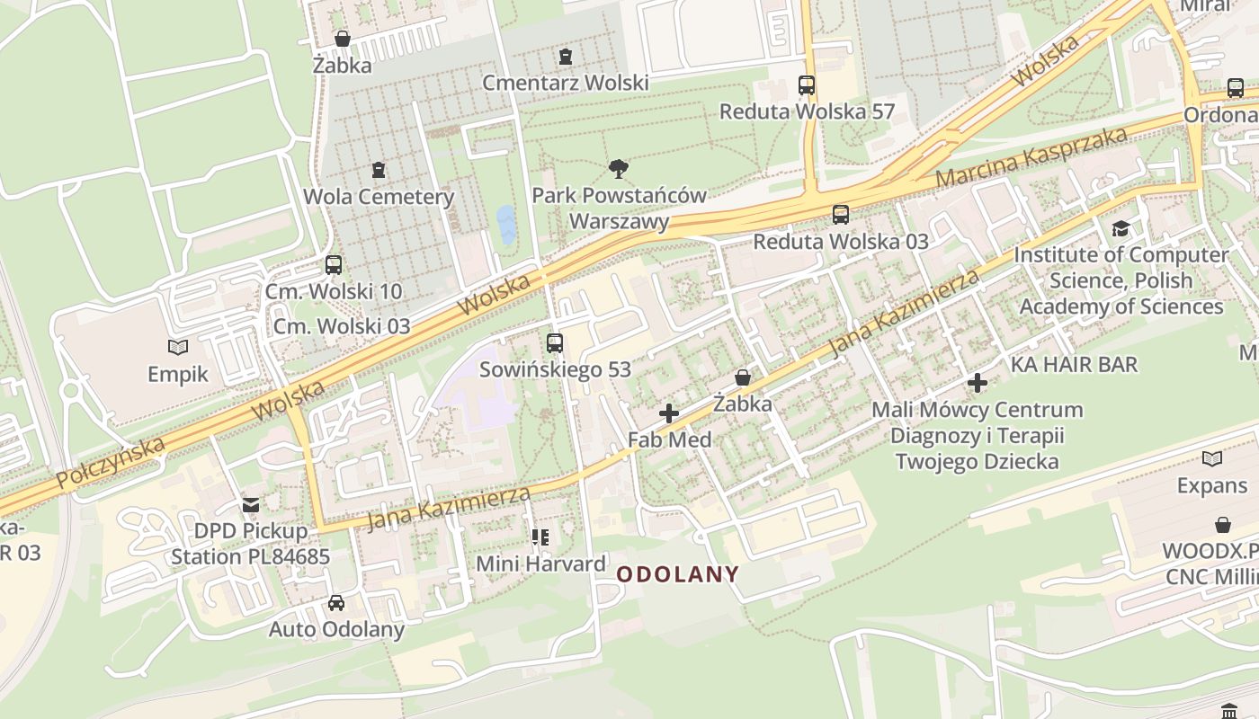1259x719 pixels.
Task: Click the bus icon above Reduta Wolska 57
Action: click(x=807, y=85)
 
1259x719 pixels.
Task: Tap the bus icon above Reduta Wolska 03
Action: click(x=841, y=215)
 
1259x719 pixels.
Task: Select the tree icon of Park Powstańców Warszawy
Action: click(x=618, y=168)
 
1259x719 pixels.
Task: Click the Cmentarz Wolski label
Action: click(x=565, y=83)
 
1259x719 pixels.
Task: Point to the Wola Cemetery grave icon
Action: click(x=379, y=170)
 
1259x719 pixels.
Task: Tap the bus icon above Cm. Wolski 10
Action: click(x=334, y=265)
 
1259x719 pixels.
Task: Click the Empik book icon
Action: click(x=178, y=347)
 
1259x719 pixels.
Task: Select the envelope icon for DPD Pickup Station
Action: click(x=251, y=505)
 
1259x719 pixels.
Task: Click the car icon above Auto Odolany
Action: click(x=336, y=602)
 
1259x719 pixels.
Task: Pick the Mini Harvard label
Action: click(x=540, y=564)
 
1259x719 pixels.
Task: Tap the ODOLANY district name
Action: click(x=678, y=574)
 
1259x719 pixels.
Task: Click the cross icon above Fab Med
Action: click(x=669, y=413)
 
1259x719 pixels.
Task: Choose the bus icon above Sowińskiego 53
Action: click(x=555, y=342)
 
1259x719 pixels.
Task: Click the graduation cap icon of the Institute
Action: click(x=1121, y=228)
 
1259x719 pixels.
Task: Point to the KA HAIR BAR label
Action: click(x=1074, y=365)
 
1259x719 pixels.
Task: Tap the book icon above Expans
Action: click(x=1212, y=459)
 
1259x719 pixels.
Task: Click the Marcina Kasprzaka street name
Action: click(x=1031, y=157)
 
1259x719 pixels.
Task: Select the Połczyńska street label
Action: click(x=110, y=463)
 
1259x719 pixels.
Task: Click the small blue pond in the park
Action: click(x=506, y=226)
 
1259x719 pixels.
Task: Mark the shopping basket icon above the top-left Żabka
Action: click(x=342, y=39)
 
